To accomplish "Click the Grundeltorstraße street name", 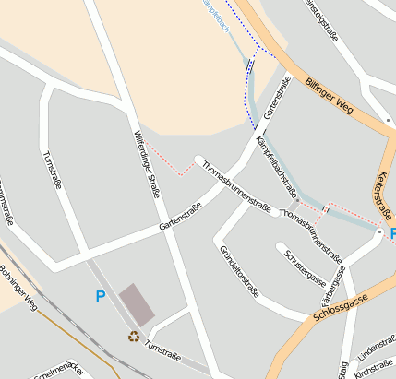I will pyautogui.click(x=239, y=271).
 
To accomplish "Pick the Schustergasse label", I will pyautogui.click(x=306, y=267).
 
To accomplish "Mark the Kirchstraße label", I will pyautogui.click(x=375, y=371).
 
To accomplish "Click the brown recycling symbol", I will pyautogui.click(x=134, y=336).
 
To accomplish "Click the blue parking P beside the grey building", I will pyautogui.click(x=101, y=296).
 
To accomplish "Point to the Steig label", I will pyautogui.click(x=342, y=369).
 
